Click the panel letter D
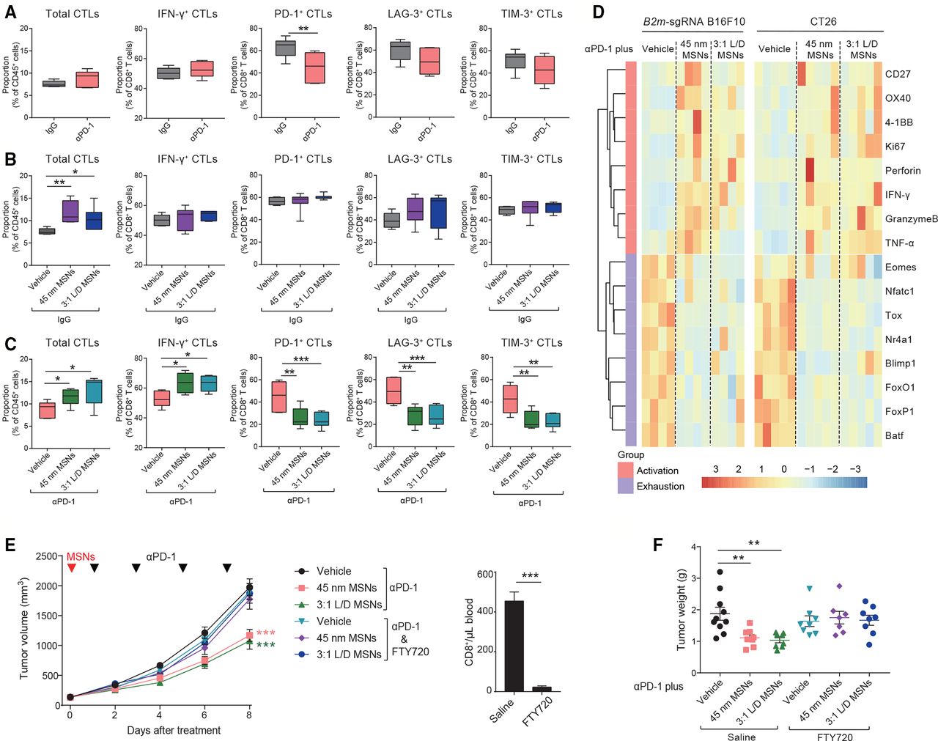(599, 12)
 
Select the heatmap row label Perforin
(903, 171)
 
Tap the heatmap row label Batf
(894, 435)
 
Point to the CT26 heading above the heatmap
(824, 21)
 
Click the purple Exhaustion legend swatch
(625, 486)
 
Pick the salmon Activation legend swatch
(625, 470)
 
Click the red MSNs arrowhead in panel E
(72, 568)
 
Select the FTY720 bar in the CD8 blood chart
(542, 688)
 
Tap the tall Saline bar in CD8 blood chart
(514, 646)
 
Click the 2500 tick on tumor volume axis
(49, 556)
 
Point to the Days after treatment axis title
(174, 730)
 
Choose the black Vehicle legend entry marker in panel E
(300, 571)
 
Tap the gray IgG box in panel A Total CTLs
(53, 84)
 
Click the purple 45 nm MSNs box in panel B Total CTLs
(70, 210)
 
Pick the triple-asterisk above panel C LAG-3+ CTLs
(417, 359)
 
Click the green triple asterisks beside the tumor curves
(265, 645)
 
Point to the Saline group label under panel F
(742, 736)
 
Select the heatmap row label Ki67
(895, 147)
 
